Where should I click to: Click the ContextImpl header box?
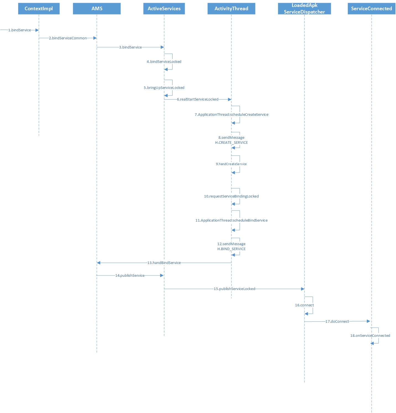click(x=39, y=9)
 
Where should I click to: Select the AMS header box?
click(x=97, y=9)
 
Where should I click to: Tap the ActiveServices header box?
click(x=164, y=9)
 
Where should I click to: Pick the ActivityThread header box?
click(x=231, y=9)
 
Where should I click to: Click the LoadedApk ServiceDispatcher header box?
click(x=304, y=9)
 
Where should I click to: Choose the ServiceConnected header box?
click(x=371, y=9)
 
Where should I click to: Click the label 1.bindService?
click(x=20, y=30)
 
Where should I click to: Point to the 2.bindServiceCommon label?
click(x=68, y=38)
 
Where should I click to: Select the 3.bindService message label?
click(x=130, y=47)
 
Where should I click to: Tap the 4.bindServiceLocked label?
click(x=164, y=62)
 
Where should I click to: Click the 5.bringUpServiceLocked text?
click(x=164, y=88)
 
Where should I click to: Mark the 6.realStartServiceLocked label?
click(x=198, y=99)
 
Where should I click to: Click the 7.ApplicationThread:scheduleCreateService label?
click(x=231, y=115)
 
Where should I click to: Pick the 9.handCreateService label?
click(x=231, y=164)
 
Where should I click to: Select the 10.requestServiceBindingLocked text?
click(x=231, y=196)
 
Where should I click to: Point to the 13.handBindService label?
click(x=164, y=263)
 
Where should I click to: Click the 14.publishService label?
click(x=130, y=276)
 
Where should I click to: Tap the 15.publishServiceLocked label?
click(x=234, y=289)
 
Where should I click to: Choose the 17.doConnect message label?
click(x=337, y=322)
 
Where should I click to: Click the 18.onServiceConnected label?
click(x=370, y=336)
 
